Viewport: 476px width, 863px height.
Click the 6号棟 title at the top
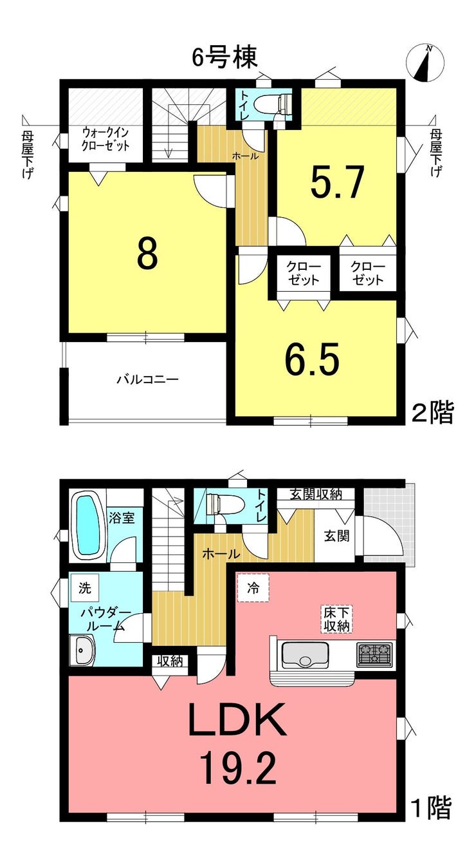point(225,58)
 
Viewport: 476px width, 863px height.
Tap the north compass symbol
point(425,63)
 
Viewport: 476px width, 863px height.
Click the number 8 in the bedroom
point(147,255)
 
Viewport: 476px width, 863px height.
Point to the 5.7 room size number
point(338,183)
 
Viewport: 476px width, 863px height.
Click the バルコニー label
point(147,379)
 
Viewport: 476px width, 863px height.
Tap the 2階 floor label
point(432,412)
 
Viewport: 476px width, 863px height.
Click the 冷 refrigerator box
point(253,587)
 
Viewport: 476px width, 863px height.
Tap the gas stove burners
point(374,655)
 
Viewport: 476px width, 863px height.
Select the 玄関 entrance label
point(336,536)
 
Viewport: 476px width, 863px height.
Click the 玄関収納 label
point(315,494)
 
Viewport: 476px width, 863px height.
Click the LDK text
point(236,721)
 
